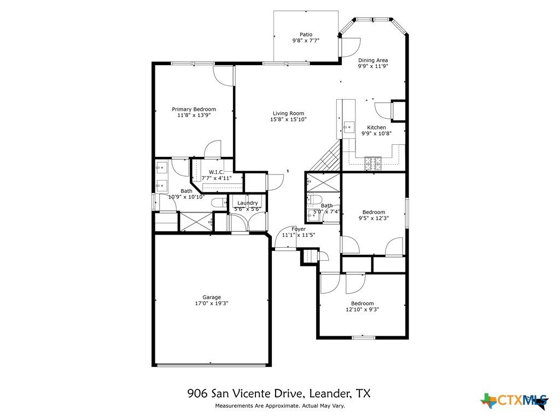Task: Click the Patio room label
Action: pyautogui.click(x=306, y=34)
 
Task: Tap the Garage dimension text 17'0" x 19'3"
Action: pyautogui.click(x=212, y=303)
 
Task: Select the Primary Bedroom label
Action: pyautogui.click(x=194, y=109)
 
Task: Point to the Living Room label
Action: pyautogui.click(x=289, y=114)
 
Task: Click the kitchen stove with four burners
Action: pyautogui.click(x=373, y=164)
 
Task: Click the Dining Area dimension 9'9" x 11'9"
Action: pyautogui.click(x=373, y=66)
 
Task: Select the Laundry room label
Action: pyautogui.click(x=248, y=203)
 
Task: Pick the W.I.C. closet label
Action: pyautogui.click(x=217, y=172)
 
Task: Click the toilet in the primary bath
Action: pyautogui.click(x=219, y=203)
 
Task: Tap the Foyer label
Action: pyautogui.click(x=299, y=229)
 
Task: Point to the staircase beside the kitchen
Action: pyautogui.click(x=325, y=156)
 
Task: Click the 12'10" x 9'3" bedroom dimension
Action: pyautogui.click(x=363, y=310)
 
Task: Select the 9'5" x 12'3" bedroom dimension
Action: pyautogui.click(x=374, y=218)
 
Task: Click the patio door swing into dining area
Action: pyautogui.click(x=351, y=47)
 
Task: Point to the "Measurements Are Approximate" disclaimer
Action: pyautogui.click(x=280, y=406)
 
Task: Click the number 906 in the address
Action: pyautogui.click(x=197, y=393)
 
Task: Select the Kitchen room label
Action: pyautogui.click(x=376, y=127)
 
